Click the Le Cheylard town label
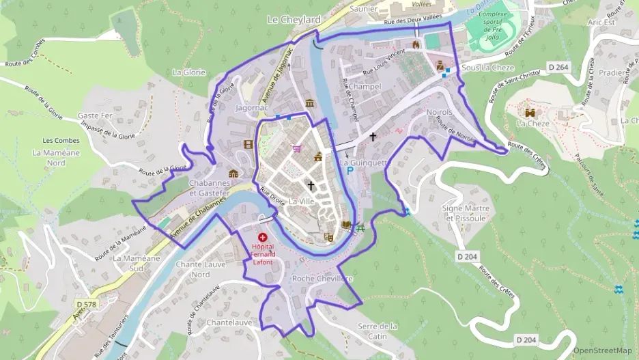click(x=294, y=20)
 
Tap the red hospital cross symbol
click(x=263, y=237)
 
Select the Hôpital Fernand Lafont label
click(x=263, y=253)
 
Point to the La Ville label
click(x=302, y=202)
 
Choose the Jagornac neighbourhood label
click(x=251, y=108)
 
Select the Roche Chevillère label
click(x=322, y=279)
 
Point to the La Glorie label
click(x=189, y=72)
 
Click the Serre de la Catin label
click(x=378, y=331)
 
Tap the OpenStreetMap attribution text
click(x=602, y=350)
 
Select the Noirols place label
click(x=438, y=111)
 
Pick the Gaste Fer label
click(x=95, y=116)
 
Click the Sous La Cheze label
click(x=487, y=68)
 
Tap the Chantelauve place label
click(x=229, y=322)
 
